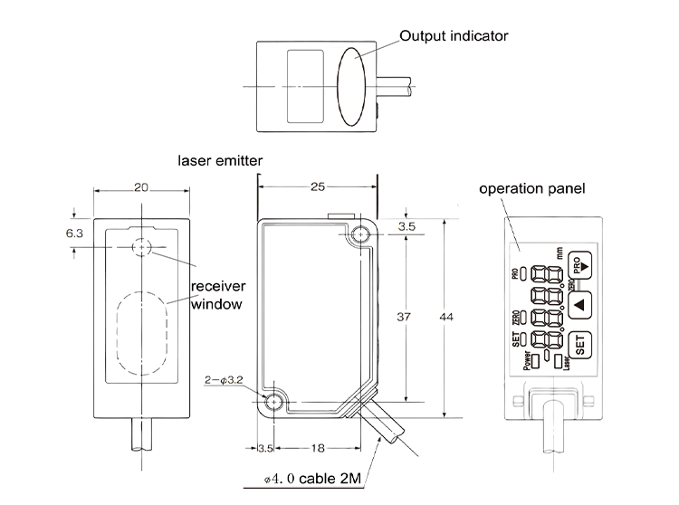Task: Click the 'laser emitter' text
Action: (221, 160)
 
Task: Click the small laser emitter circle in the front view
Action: (140, 247)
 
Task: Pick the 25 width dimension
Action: (317, 186)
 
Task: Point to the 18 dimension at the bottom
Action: (320, 448)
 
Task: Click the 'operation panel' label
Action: (532, 189)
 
